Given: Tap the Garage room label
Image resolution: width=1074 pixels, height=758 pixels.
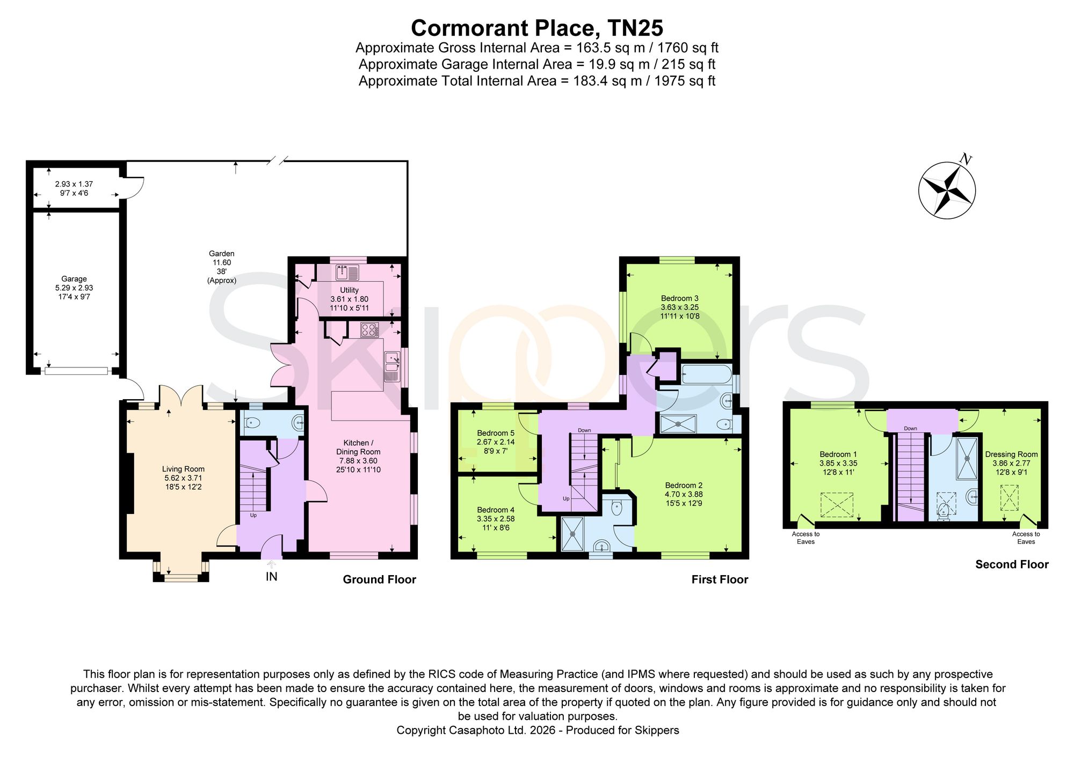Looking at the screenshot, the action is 74,279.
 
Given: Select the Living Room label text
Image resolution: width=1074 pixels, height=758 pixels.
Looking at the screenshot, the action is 183,469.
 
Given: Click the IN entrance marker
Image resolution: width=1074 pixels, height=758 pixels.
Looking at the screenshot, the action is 272,577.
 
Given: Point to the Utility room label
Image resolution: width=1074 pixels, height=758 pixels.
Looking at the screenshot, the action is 349,290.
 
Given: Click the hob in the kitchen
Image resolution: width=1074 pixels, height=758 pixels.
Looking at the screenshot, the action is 369,330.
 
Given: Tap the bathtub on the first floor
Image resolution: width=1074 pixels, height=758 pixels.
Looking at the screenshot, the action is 706,374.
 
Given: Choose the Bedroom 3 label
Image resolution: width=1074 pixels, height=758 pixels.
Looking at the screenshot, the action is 680,298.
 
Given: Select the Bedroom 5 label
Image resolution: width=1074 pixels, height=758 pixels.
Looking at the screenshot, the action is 496,433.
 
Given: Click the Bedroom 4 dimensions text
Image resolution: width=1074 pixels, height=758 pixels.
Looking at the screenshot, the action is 496,523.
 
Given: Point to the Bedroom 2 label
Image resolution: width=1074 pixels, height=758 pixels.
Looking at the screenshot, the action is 684,485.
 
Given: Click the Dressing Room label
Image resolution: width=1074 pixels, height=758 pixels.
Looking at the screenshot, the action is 1011,454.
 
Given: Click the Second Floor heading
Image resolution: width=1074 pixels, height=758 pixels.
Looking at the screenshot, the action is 1012,564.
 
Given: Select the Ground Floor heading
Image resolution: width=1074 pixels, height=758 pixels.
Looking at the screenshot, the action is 380,579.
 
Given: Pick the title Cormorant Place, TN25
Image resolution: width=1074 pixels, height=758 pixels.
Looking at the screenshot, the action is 537,27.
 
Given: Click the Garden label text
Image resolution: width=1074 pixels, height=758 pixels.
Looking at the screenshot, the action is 222,254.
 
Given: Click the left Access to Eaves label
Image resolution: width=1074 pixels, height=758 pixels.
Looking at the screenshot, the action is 805,538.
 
